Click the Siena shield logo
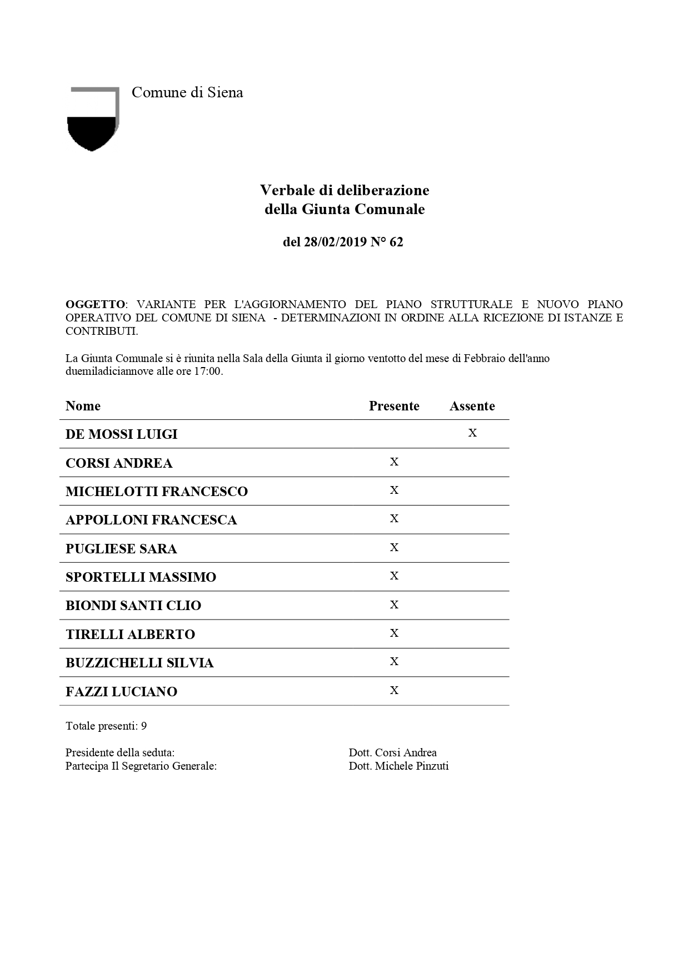click(x=93, y=119)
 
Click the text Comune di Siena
click(x=187, y=92)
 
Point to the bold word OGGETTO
click(x=95, y=304)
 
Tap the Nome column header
click(x=83, y=406)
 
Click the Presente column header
click(x=394, y=406)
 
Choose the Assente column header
click(x=472, y=406)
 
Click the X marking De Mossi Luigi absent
click(x=472, y=433)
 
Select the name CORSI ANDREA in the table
click(x=119, y=463)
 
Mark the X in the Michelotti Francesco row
click(x=394, y=490)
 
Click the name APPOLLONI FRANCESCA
click(x=151, y=520)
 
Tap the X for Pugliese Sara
click(x=394, y=547)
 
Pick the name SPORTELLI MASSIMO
click(x=141, y=577)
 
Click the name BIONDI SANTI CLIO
click(x=133, y=606)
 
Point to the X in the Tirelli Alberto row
click(x=394, y=633)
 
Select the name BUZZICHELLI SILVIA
click(x=139, y=663)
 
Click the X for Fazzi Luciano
click(x=394, y=690)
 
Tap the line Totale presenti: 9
click(x=106, y=726)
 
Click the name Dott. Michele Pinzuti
click(x=398, y=766)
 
